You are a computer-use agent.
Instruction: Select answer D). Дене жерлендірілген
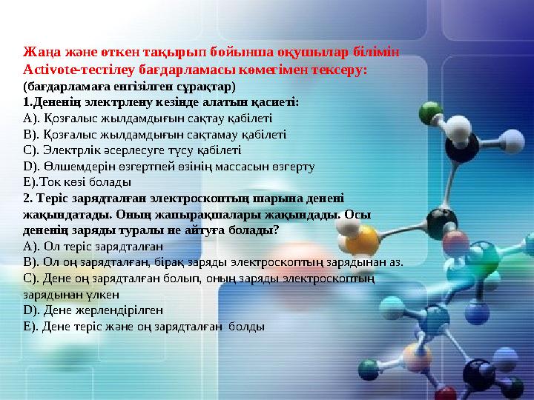tap(93, 310)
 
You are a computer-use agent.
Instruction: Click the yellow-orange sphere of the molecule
tap(362, 239)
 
